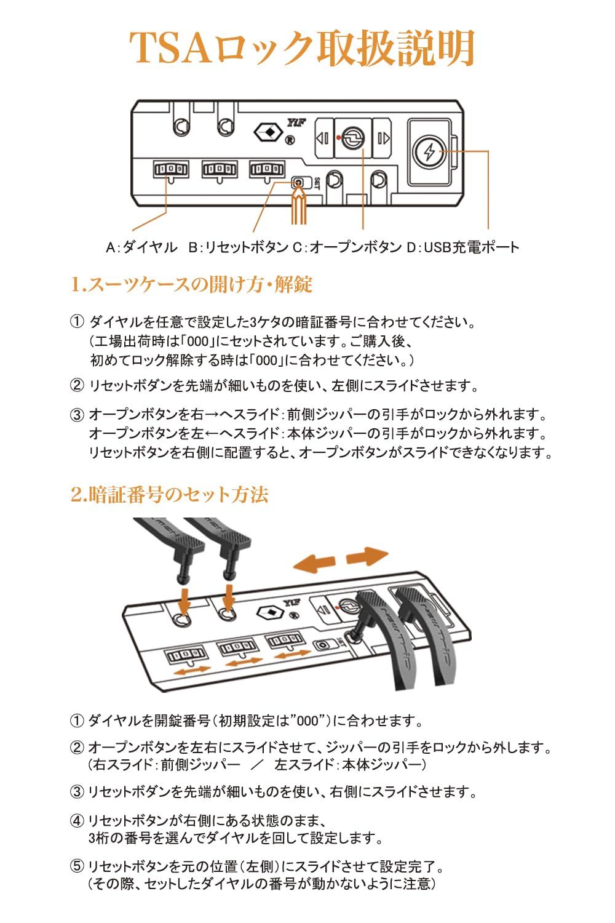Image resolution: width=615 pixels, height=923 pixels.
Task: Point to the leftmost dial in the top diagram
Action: tap(170, 169)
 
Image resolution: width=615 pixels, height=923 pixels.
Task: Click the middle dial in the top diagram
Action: tap(220, 169)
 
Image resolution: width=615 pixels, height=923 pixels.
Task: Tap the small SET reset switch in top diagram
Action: tap(298, 183)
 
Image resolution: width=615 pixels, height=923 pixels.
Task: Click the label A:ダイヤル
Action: tap(141, 247)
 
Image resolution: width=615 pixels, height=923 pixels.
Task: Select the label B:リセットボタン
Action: tap(238, 247)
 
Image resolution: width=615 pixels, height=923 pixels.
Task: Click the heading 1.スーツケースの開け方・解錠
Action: tap(191, 284)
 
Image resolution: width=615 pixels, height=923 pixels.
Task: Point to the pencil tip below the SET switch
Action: tap(298, 198)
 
